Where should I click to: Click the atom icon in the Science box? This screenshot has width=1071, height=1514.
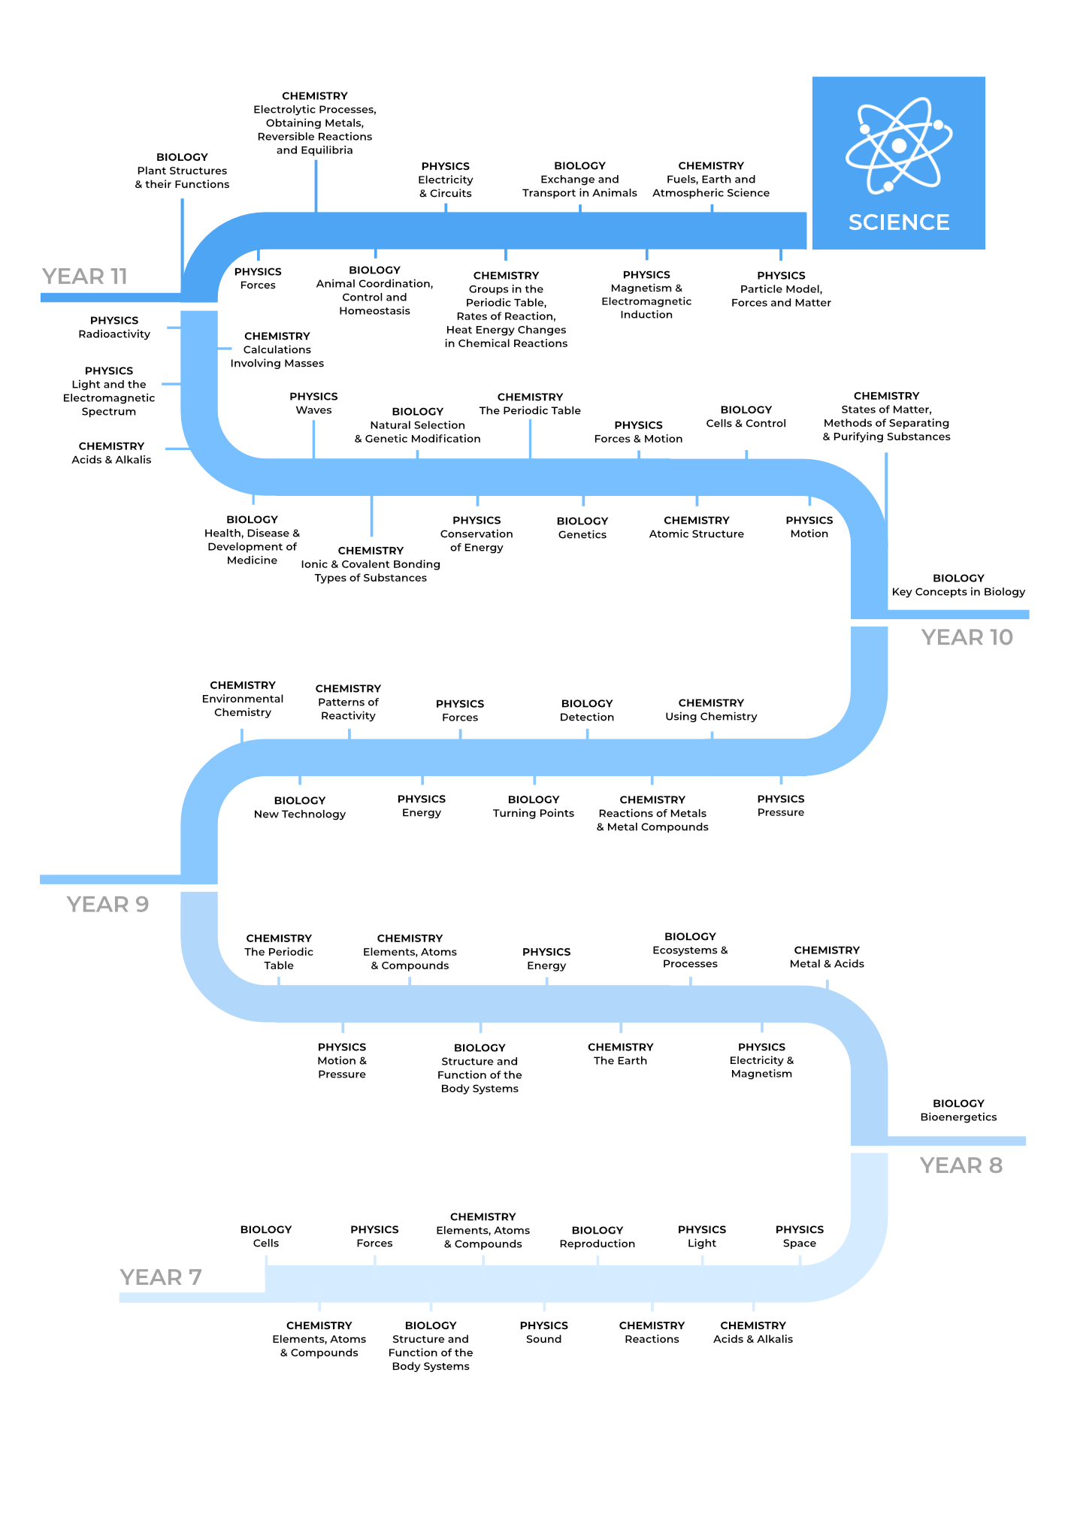[x=899, y=145]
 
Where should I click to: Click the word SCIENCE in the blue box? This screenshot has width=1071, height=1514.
[x=899, y=222]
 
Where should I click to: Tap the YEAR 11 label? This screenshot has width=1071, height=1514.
[x=85, y=277]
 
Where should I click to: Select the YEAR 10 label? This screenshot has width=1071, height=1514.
[x=967, y=637]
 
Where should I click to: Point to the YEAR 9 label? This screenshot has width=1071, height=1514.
[x=107, y=904]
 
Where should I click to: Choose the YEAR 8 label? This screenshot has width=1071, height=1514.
[x=961, y=1165]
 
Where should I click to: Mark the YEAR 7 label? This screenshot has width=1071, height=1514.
[x=161, y=1277]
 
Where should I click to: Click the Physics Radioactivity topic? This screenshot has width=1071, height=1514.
[x=114, y=328]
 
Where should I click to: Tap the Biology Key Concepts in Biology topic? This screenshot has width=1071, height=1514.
[x=958, y=585]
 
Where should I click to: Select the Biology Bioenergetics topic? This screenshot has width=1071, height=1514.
[x=958, y=1111]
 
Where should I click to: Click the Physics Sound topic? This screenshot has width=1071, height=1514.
[x=544, y=1333]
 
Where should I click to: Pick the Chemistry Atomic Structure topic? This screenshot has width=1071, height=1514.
[x=697, y=527]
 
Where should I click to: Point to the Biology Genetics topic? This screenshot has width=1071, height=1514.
[x=582, y=528]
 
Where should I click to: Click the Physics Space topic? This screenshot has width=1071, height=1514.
[x=800, y=1237]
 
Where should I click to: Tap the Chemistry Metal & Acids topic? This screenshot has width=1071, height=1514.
[x=827, y=957]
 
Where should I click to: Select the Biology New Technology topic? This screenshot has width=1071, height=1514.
[x=300, y=808]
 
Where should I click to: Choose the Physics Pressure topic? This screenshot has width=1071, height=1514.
[x=781, y=806]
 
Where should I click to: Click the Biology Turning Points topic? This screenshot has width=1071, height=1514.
[x=534, y=807]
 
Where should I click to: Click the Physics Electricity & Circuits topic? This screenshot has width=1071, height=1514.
[x=446, y=180]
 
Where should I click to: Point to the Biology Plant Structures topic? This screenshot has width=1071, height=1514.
[x=182, y=171]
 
